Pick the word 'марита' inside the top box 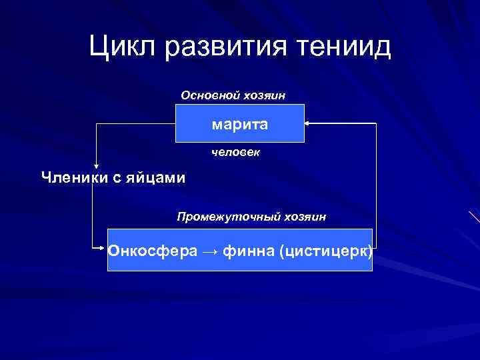(x=240, y=124)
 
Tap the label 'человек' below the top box (x=236, y=153)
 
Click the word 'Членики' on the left (x=70, y=177)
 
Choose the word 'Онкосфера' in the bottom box (x=153, y=251)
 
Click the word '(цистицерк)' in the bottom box (x=326, y=251)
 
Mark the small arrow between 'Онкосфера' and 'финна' (x=210, y=252)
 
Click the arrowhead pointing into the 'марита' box (x=307, y=123)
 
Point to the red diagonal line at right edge (x=474, y=217)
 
